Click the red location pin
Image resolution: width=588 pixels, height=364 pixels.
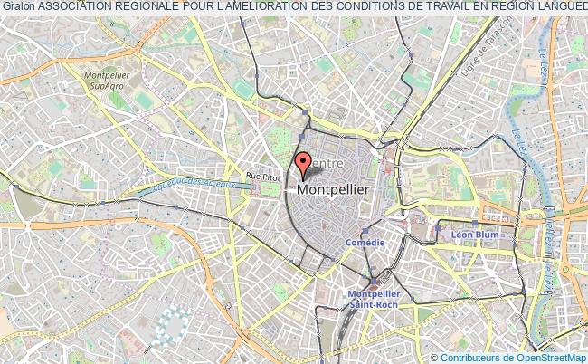coord(302,164)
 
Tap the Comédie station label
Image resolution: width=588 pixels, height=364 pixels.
coord(365,243)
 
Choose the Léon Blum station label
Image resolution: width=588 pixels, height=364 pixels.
coord(476,234)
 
